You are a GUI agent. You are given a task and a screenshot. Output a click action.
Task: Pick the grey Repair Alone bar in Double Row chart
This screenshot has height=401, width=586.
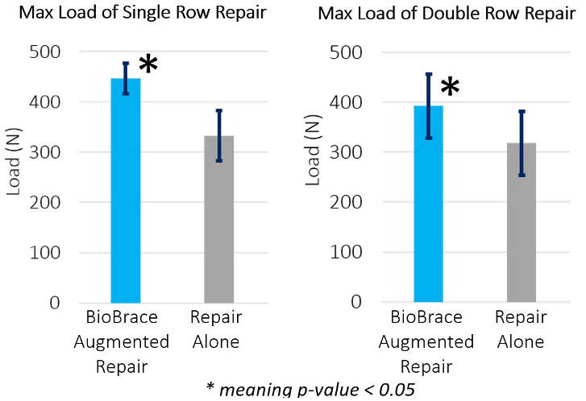[522, 225]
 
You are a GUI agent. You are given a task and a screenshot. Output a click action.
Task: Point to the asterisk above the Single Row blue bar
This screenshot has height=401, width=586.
[148, 64]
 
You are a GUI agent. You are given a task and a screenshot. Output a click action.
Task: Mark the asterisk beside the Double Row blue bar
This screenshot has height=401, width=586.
[450, 88]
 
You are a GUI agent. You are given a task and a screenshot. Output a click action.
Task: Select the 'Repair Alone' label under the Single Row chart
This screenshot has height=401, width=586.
[216, 330]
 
